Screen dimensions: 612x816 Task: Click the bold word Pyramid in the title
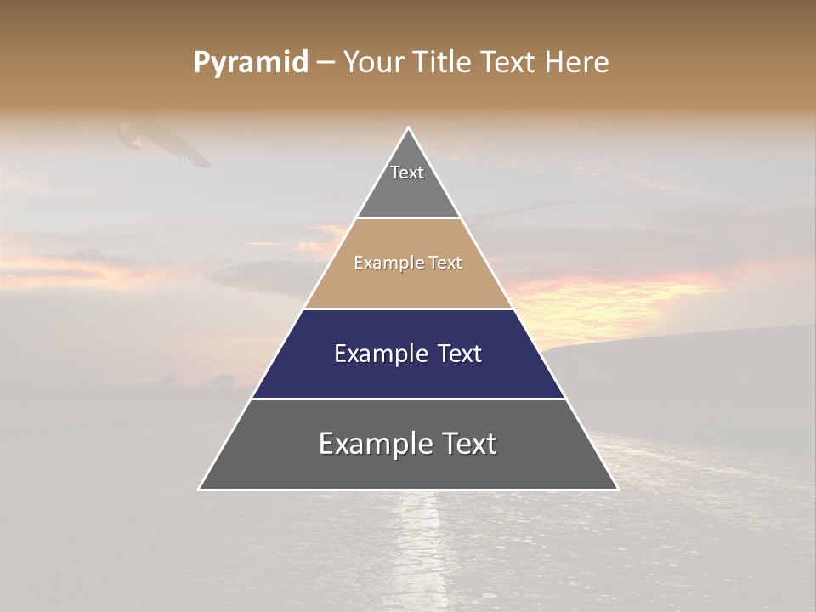pyautogui.click(x=250, y=62)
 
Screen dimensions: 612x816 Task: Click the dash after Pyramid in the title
pyautogui.click(x=326, y=63)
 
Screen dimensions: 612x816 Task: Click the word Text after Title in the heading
pyautogui.click(x=508, y=62)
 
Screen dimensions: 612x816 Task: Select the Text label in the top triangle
pyautogui.click(x=407, y=173)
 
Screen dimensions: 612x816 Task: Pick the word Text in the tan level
pyautogui.click(x=445, y=263)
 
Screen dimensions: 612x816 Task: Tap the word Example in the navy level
pyautogui.click(x=380, y=354)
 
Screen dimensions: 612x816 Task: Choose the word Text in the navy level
pyautogui.click(x=459, y=354)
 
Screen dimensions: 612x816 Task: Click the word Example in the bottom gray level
pyautogui.click(x=375, y=444)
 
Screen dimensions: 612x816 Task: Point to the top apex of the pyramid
pyautogui.click(x=409, y=128)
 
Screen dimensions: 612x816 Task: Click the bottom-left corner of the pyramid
pyautogui.click(x=200, y=489)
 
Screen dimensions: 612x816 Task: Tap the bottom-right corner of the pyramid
pyautogui.click(x=617, y=489)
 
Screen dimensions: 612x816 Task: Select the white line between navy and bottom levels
pyautogui.click(x=409, y=399)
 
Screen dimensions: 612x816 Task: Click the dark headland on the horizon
pyautogui.click(x=680, y=357)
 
